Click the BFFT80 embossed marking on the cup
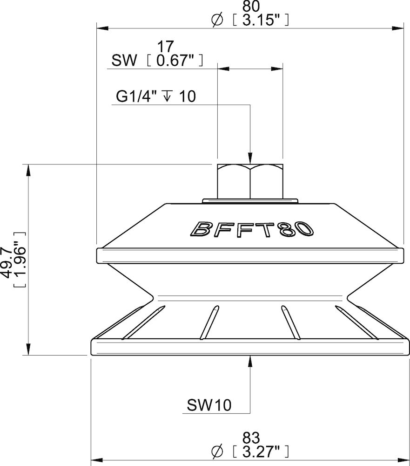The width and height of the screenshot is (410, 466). (250, 228)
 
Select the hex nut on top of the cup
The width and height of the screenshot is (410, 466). (250, 181)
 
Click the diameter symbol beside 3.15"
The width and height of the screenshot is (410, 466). (217, 21)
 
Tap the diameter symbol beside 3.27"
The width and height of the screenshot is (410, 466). (217, 452)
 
